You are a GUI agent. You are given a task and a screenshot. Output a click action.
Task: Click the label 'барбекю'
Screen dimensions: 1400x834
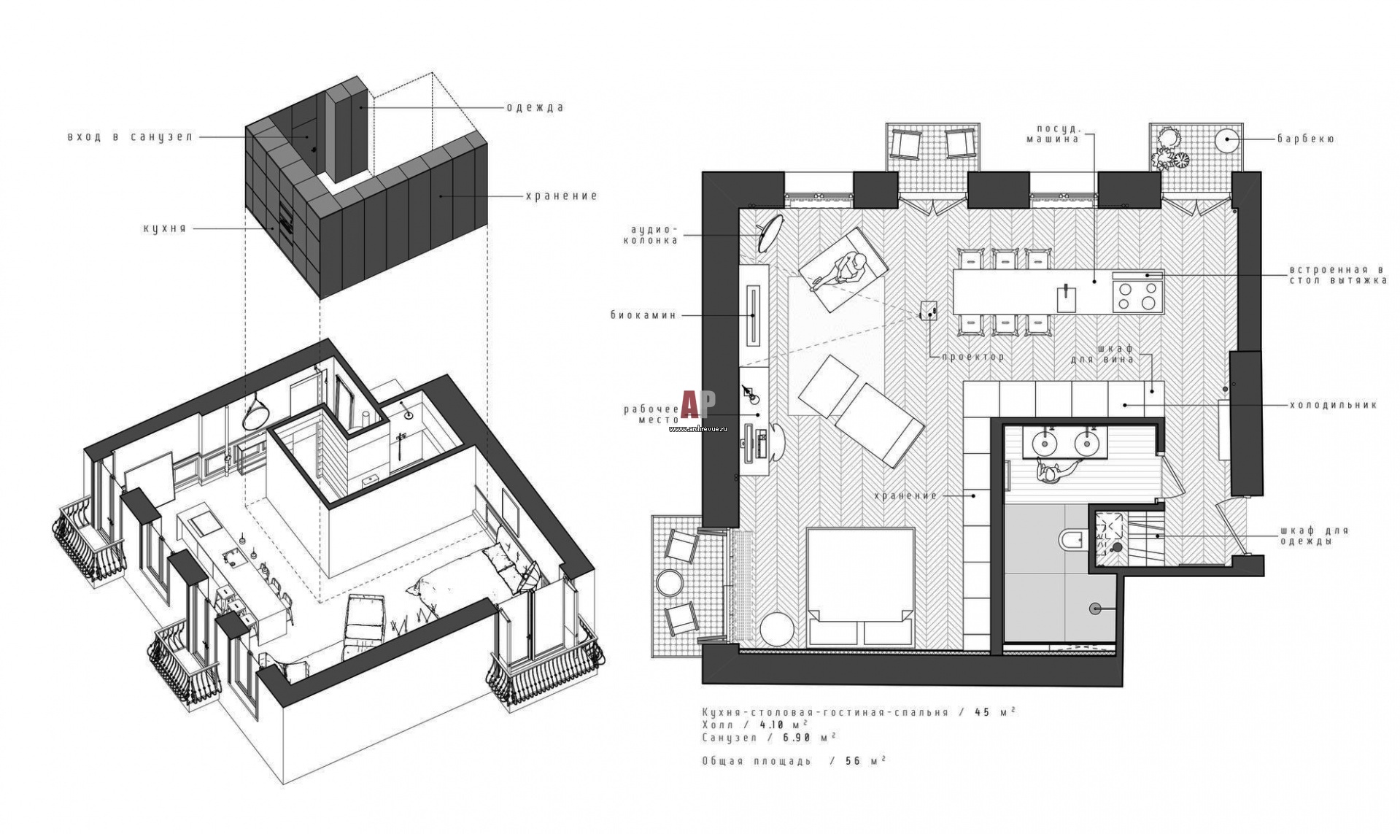click(x=1305, y=139)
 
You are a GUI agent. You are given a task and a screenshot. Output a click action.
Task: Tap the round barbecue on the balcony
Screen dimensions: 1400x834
click(x=1228, y=139)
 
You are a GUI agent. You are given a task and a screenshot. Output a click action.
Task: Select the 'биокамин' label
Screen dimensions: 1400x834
click(x=643, y=315)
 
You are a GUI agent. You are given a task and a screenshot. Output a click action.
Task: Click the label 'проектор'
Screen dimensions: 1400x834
click(x=972, y=357)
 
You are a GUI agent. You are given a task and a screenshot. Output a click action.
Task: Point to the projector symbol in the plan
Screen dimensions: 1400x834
click(x=928, y=311)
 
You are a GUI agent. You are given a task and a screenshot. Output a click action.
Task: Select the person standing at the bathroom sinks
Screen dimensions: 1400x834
click(x=1049, y=473)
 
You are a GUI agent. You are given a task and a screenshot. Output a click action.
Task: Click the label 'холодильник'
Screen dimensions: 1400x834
click(x=1333, y=405)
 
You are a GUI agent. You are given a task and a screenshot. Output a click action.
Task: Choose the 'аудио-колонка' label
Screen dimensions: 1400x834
click(x=651, y=234)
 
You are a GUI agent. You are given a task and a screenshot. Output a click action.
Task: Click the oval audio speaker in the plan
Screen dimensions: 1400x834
click(x=770, y=232)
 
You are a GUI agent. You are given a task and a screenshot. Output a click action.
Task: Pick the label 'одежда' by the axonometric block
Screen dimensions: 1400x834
click(x=535, y=107)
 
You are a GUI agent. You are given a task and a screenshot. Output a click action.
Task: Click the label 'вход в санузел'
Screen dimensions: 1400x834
click(x=130, y=136)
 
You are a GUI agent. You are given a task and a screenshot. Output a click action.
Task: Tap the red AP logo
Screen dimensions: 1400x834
click(x=698, y=404)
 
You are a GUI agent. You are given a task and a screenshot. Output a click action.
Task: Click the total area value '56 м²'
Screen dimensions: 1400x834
click(x=865, y=760)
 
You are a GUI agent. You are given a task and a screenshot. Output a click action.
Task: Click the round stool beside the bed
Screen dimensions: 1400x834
click(x=777, y=629)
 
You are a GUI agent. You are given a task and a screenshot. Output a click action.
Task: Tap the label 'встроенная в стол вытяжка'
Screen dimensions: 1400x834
click(x=1337, y=275)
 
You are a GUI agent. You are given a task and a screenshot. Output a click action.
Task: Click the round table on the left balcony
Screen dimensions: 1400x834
click(x=669, y=583)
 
